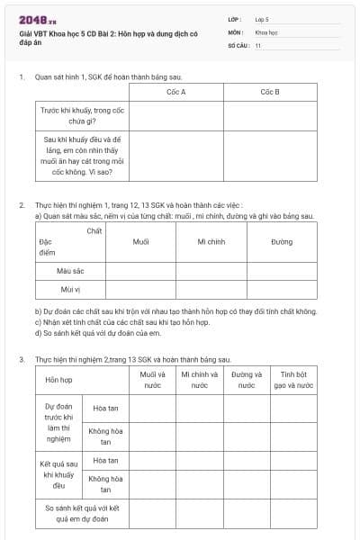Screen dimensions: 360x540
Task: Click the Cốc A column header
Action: (176, 92)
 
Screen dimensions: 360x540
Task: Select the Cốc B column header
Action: (270, 92)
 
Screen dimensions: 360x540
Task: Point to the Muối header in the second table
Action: (141, 242)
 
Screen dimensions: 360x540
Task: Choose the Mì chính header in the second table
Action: (211, 242)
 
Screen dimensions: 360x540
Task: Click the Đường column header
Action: (281, 242)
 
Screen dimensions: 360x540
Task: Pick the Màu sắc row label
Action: (71, 270)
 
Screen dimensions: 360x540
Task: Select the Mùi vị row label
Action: (71, 289)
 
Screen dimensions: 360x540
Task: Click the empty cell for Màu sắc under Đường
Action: (281, 270)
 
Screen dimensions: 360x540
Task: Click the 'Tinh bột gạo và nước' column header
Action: (293, 380)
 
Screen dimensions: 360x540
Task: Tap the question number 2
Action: (22, 205)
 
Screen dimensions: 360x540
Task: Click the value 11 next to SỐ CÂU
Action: (258, 45)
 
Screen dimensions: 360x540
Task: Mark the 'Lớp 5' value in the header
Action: (262, 19)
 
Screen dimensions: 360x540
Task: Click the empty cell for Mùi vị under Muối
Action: (141, 289)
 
